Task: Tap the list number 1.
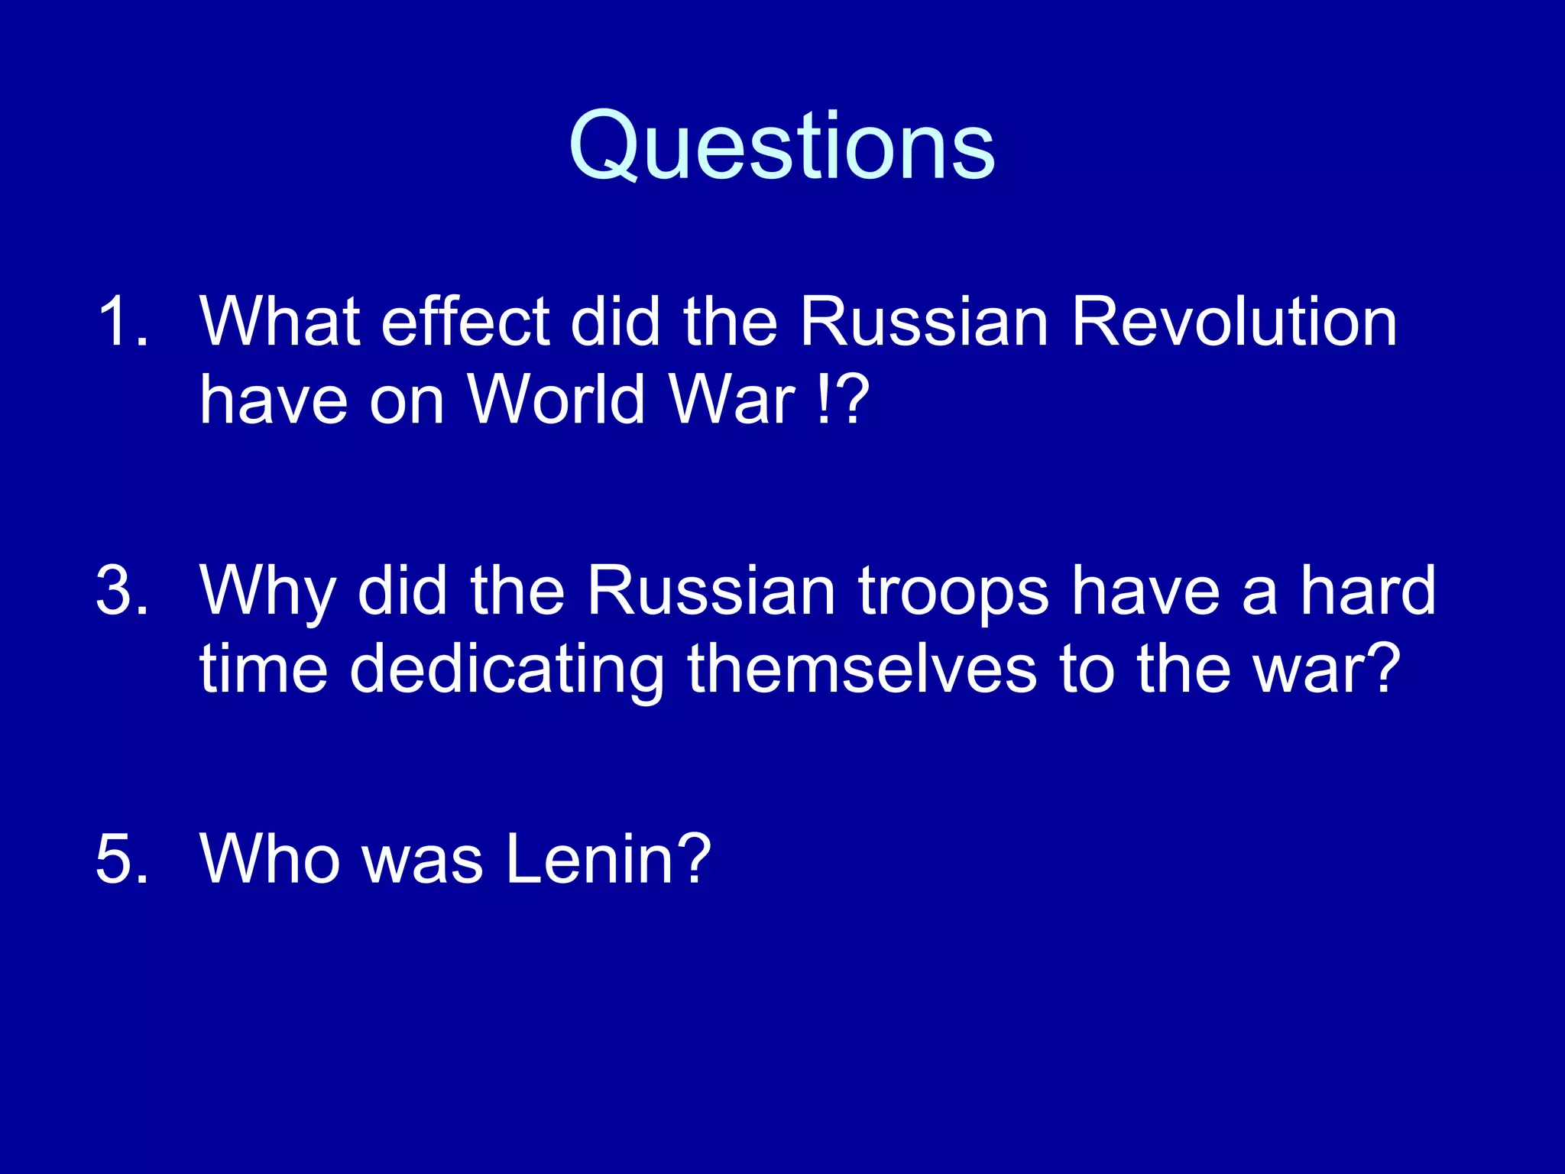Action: (x=122, y=323)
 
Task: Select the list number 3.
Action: (x=122, y=591)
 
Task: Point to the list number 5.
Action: (x=122, y=859)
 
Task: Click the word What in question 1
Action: (x=280, y=323)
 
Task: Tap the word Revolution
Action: (x=1233, y=323)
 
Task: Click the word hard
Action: (x=1368, y=591)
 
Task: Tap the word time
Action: (x=264, y=669)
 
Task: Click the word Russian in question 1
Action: (x=924, y=323)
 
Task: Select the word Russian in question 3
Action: (x=711, y=591)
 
